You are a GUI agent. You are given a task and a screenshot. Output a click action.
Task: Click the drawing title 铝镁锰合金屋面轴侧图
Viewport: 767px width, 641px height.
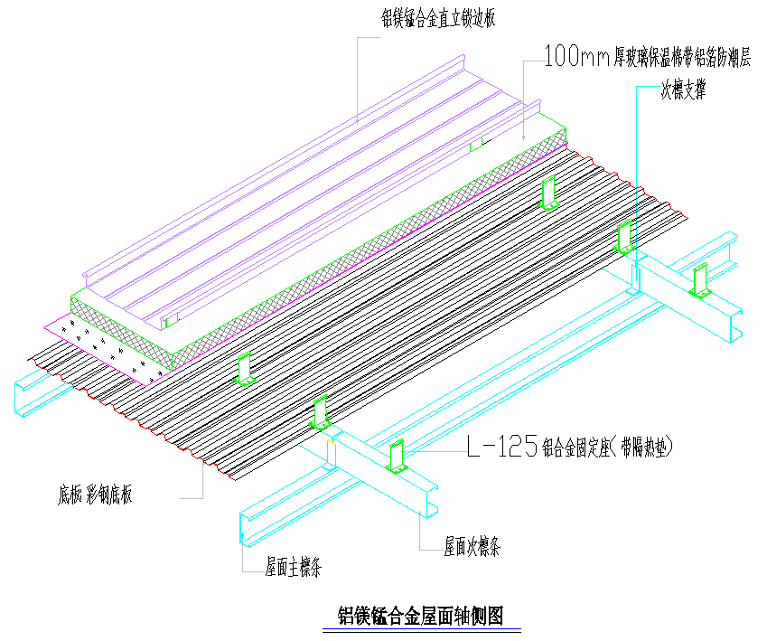[x=420, y=616]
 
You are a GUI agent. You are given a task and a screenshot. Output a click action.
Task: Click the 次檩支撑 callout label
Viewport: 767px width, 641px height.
[x=683, y=90]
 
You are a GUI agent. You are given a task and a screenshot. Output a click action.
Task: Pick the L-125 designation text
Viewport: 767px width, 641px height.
[x=501, y=446]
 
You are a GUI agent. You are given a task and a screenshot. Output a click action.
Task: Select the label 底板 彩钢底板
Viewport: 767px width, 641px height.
[x=96, y=495]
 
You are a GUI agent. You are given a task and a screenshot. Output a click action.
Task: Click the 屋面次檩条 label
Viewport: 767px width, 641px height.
[x=472, y=546]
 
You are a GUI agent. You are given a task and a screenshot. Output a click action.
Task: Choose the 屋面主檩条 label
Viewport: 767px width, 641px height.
[x=294, y=568]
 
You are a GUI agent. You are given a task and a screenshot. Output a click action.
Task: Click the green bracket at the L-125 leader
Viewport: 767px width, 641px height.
[x=397, y=457]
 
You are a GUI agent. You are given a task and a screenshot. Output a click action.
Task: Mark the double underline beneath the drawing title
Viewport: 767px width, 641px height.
[x=420, y=630]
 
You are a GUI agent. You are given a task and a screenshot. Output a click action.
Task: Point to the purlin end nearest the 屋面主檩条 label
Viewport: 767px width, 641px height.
[x=252, y=530]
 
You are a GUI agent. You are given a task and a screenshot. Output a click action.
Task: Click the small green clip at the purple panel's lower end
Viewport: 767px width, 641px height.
[x=171, y=319]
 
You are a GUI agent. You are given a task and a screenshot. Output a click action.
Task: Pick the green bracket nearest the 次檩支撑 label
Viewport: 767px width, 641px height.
[x=624, y=237]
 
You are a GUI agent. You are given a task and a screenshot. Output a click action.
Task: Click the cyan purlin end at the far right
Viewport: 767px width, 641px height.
[x=734, y=325]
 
